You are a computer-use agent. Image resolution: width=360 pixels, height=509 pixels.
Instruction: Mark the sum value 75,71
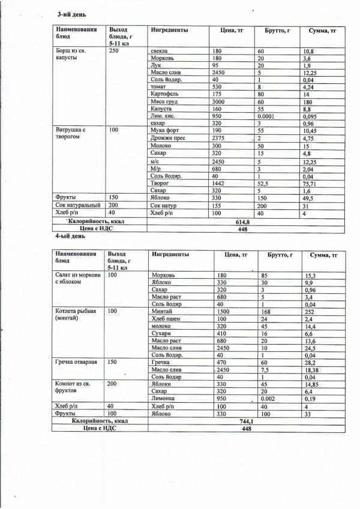pos(312,185)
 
